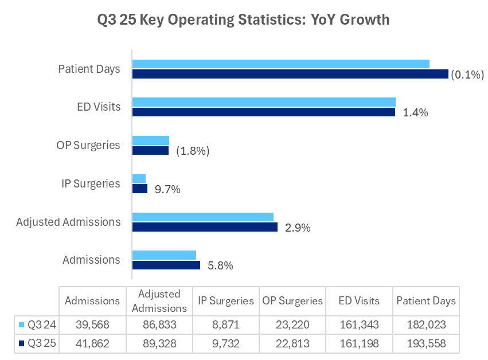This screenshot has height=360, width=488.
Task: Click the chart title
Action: [x=244, y=19]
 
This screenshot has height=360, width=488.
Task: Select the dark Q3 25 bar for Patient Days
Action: [x=290, y=74]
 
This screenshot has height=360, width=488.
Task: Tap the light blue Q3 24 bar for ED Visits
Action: [x=264, y=101]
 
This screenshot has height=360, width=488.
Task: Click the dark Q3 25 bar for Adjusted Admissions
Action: [x=205, y=227]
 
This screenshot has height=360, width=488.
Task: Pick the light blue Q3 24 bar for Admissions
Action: [x=164, y=255]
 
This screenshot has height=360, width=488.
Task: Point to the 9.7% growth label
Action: [x=167, y=189]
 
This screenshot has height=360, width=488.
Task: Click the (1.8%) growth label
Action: [x=193, y=151]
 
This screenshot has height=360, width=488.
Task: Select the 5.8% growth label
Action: [x=220, y=265]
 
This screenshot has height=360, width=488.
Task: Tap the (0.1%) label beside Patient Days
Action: [x=467, y=74]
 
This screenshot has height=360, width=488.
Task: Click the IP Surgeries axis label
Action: [x=91, y=183]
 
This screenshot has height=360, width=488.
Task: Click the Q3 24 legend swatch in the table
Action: [x=22, y=325]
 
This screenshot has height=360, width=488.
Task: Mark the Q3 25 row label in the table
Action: [x=40, y=343]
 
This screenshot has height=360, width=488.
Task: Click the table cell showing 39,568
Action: [x=92, y=325]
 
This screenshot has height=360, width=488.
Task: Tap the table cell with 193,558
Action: [x=425, y=343]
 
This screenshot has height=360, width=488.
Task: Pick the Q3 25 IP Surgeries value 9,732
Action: [x=225, y=343]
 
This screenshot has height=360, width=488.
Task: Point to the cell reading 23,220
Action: [x=292, y=325]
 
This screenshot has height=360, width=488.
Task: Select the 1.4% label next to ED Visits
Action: [x=416, y=112]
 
